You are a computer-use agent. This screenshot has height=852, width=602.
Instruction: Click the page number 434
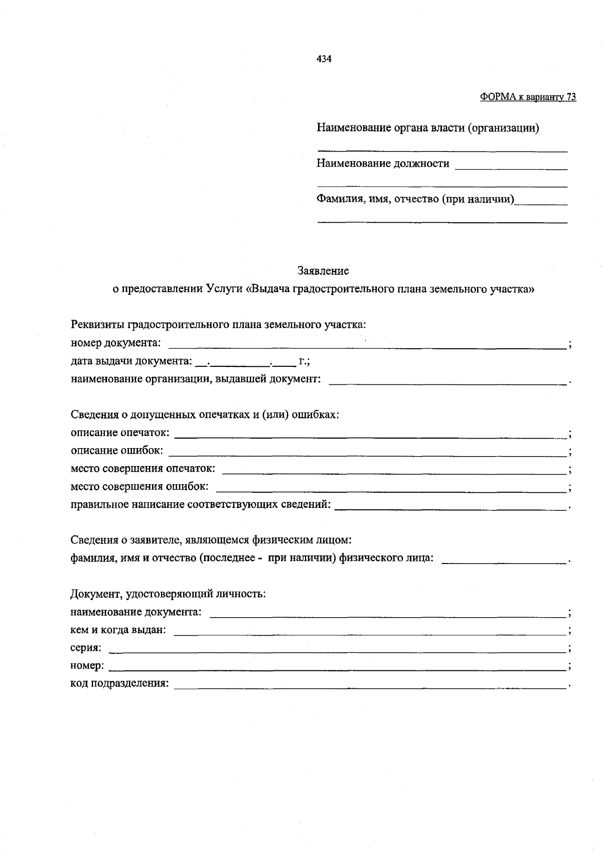click(324, 59)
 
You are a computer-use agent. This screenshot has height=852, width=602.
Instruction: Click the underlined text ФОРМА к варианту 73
click(528, 97)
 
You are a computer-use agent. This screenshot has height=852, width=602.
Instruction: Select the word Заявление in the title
click(323, 271)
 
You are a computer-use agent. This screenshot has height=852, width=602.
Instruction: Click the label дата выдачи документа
click(131, 361)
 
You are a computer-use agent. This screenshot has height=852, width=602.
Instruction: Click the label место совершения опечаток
click(143, 469)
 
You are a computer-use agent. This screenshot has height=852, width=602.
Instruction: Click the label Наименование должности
click(383, 164)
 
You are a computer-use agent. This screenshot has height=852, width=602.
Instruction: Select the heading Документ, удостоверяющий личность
click(168, 594)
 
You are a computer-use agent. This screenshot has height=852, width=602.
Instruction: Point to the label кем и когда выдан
click(118, 630)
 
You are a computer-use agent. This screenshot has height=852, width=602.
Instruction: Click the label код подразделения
click(119, 684)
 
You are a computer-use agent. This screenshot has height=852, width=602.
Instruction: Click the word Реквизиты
click(98, 325)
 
